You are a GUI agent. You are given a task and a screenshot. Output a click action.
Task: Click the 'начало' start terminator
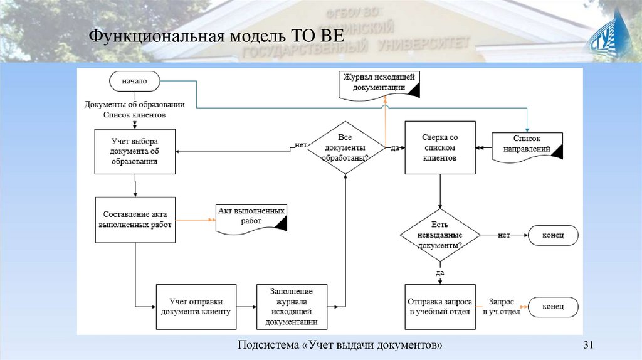134,81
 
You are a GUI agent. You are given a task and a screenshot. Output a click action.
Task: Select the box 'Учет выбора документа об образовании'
134,151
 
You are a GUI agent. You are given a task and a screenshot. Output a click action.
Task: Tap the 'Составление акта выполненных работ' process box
134,220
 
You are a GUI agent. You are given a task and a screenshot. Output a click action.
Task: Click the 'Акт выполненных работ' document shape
251,216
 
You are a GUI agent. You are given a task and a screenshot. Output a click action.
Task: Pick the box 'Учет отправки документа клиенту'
196,307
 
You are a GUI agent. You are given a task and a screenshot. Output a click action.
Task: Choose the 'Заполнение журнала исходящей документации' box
292,307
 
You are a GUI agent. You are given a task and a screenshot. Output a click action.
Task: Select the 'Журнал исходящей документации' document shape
379,83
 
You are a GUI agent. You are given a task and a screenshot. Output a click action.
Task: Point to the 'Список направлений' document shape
527,144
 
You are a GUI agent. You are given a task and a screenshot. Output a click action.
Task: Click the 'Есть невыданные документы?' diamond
440,235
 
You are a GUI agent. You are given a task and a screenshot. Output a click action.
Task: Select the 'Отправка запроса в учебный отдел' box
439,307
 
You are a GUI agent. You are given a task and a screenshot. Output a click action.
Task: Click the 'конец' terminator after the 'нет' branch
553,235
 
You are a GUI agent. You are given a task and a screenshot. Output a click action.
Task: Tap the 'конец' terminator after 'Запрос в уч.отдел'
553,307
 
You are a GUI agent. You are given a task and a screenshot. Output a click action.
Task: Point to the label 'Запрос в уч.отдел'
502,307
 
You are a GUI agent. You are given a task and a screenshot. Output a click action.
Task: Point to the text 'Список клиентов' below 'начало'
134,115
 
